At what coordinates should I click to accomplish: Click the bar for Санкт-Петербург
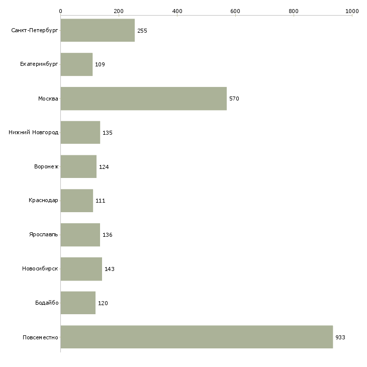click(x=98, y=30)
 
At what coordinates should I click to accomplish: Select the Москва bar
click(x=143, y=99)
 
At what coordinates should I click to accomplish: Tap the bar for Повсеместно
click(x=197, y=337)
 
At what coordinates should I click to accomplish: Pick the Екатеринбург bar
click(x=76, y=64)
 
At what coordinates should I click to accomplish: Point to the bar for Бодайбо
click(x=78, y=303)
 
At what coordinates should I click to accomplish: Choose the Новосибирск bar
click(x=81, y=269)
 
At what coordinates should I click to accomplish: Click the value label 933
click(x=340, y=337)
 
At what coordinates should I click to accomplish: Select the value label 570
click(x=234, y=99)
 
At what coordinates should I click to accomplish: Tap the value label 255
click(x=142, y=31)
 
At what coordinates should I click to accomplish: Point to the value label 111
click(x=101, y=201)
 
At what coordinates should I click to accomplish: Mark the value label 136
click(x=108, y=235)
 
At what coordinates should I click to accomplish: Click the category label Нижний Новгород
click(x=34, y=133)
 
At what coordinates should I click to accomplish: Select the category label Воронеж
click(x=46, y=166)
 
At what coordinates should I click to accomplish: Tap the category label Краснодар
click(x=43, y=201)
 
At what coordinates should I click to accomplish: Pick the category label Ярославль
click(x=44, y=234)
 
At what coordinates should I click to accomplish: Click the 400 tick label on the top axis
click(x=177, y=11)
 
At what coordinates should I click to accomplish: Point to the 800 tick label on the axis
click(x=294, y=11)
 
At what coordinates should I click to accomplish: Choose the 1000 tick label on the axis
click(x=352, y=11)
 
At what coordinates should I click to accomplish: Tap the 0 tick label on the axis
click(x=61, y=11)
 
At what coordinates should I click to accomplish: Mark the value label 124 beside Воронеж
click(x=104, y=167)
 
